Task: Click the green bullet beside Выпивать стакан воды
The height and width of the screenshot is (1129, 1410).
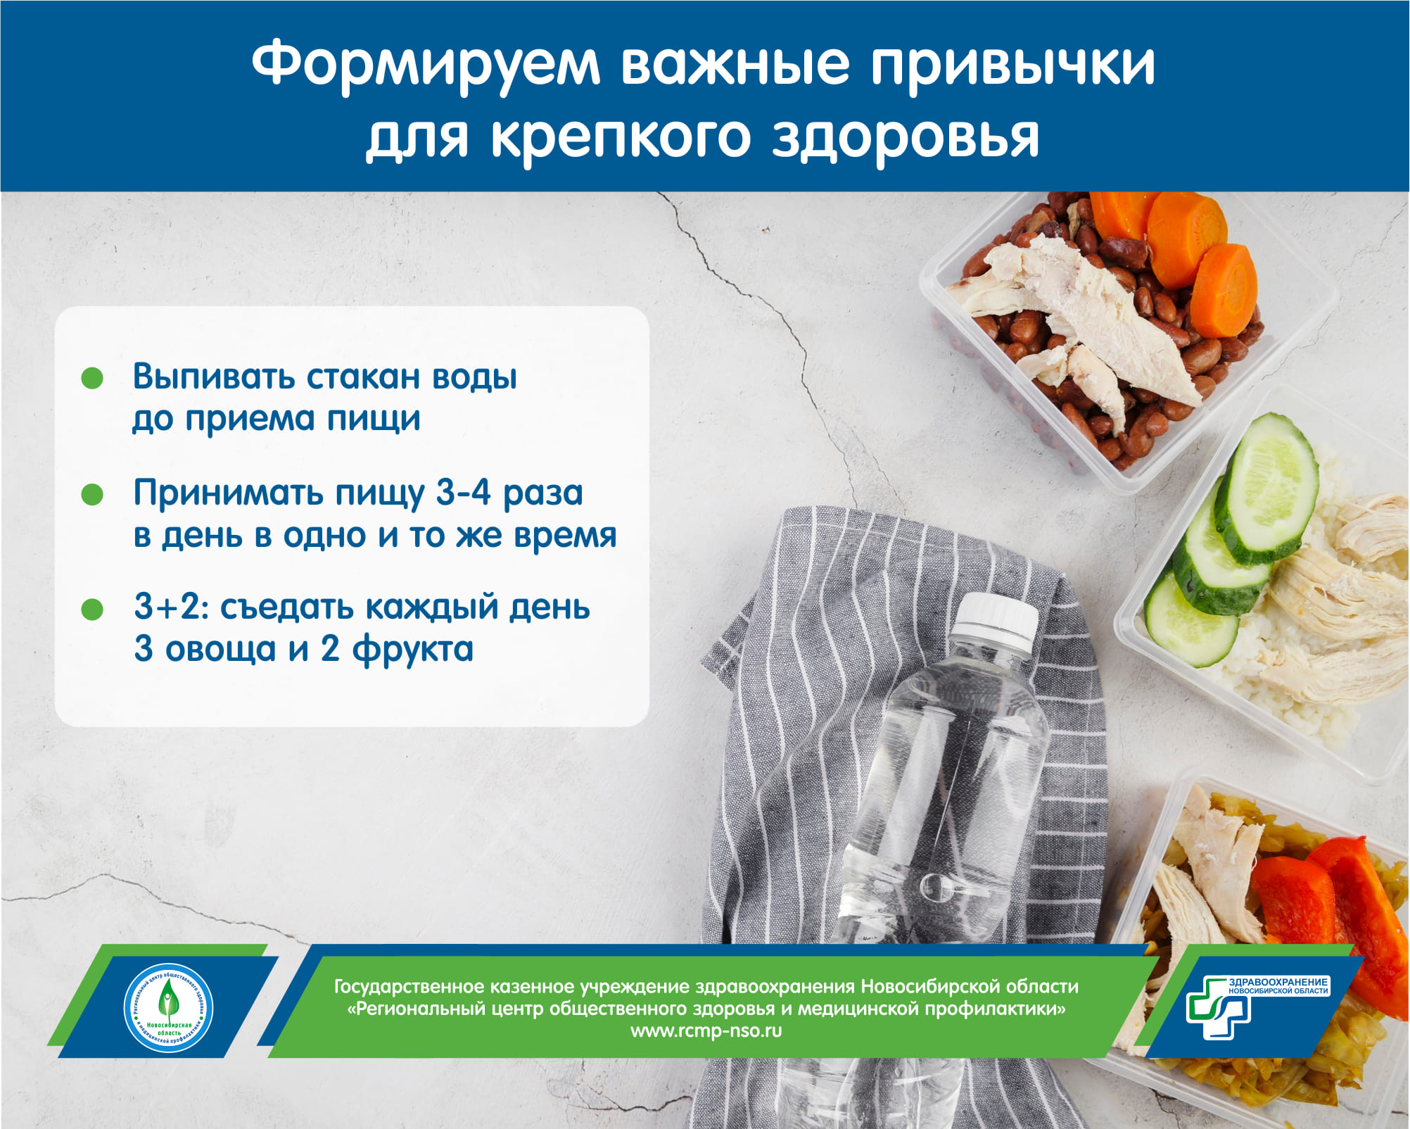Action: click(92, 378)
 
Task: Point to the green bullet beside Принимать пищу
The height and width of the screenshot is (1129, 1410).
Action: click(92, 494)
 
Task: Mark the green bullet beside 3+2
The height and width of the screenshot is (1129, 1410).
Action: click(92, 609)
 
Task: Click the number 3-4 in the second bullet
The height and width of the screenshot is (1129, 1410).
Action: click(463, 492)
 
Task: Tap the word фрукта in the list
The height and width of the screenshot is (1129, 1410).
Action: click(413, 649)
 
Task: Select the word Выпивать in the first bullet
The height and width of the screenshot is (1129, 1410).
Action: click(214, 377)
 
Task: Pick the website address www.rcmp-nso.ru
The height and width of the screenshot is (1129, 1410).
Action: click(706, 1031)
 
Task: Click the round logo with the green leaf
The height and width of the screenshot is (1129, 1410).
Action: click(168, 1008)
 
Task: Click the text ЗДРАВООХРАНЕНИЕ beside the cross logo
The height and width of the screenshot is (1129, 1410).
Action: click(1278, 982)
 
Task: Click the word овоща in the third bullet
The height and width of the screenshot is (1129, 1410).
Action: click(221, 649)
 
